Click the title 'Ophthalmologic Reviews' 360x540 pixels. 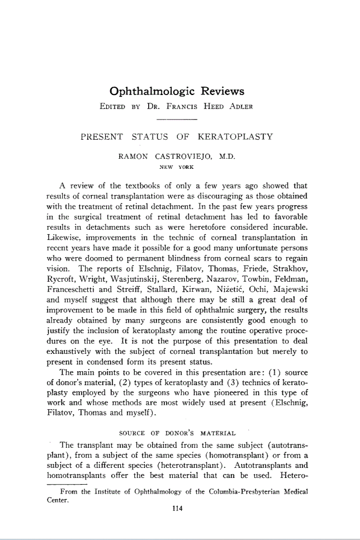177,91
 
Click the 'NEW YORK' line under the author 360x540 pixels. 178,167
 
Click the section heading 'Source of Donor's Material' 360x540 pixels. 178,433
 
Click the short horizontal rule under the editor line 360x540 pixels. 177,119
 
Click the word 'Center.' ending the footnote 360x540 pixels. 56,500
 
